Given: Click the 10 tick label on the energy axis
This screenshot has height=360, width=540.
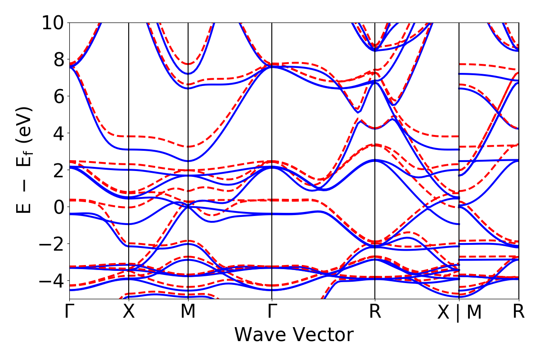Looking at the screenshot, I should point(53,22).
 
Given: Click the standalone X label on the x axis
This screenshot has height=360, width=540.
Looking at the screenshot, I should point(129,312).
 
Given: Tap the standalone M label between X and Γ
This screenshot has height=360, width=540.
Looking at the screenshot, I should point(188,312).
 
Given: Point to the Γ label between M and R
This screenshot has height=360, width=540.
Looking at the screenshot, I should point(272,312).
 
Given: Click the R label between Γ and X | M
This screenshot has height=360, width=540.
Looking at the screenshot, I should point(375,312).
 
